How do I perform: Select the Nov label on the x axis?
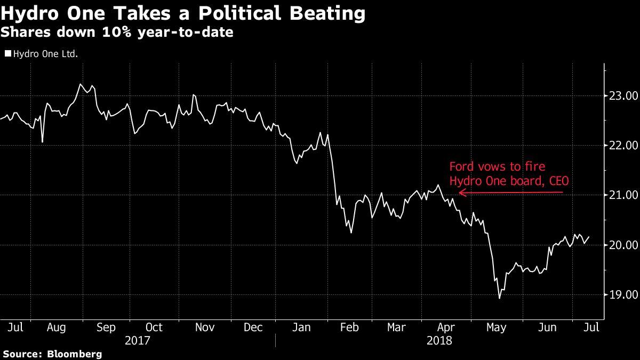205,327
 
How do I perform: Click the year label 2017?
137,340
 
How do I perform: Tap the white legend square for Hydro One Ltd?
7,53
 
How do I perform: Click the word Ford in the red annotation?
461,167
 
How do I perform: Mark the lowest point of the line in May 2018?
500,298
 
